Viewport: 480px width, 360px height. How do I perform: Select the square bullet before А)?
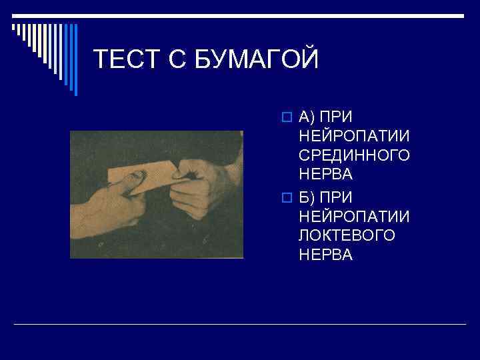click(286, 119)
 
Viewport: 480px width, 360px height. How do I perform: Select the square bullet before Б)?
click(286, 199)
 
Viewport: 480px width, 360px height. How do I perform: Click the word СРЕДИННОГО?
click(354, 155)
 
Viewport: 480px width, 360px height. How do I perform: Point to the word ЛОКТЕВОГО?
click(347, 235)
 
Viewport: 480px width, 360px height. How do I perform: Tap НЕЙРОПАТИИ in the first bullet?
click(354, 137)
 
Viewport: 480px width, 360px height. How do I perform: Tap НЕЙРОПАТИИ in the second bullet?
click(354, 217)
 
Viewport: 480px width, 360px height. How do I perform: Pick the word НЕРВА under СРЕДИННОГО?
click(325, 174)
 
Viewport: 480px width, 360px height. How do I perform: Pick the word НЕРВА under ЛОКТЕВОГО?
click(325, 254)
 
